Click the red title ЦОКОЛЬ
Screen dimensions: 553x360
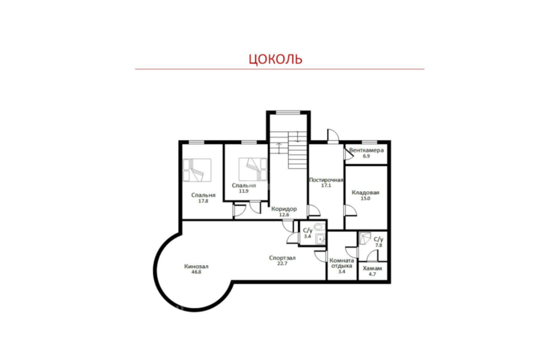pos(275,59)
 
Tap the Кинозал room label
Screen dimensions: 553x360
pos(196,267)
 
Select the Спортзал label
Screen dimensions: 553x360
pos(282,258)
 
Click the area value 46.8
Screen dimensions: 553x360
pos(196,272)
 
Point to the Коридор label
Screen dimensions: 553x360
pos(284,208)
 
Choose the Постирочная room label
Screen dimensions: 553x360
pos(326,180)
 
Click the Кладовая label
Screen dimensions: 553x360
pos(366,192)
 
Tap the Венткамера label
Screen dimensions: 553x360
pos(367,150)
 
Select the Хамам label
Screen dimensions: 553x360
pos(372,268)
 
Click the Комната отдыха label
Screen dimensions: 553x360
pos(341,263)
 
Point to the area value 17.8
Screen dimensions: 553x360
pos(203,201)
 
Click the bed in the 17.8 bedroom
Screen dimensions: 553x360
pos(197,170)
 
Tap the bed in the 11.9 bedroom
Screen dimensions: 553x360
pos(253,169)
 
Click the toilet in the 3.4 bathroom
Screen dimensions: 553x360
pos(319,227)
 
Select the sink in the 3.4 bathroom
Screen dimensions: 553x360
pos(320,239)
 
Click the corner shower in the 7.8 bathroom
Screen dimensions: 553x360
pos(364,238)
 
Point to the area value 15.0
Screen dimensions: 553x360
pos(366,199)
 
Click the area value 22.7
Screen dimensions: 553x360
pos(282,263)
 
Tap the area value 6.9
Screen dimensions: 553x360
pos(367,156)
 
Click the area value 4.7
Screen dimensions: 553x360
pos(372,274)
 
